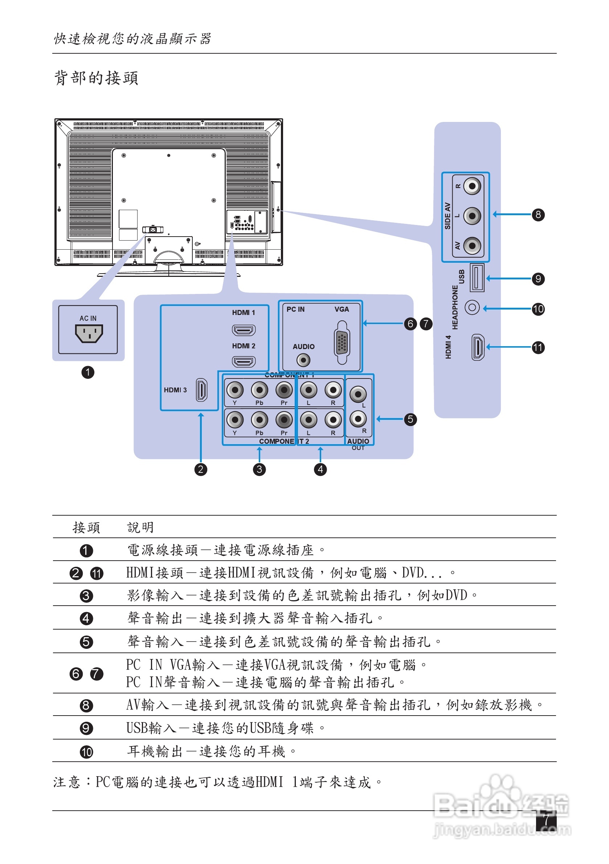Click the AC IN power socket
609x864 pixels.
click(x=89, y=333)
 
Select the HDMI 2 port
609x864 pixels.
click(x=244, y=362)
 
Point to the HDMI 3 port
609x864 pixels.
click(x=201, y=390)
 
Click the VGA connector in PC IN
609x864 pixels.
click(x=342, y=343)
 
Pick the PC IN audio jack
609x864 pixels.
click(x=303, y=360)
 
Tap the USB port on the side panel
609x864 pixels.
click(x=477, y=278)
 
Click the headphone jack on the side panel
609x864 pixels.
click(x=472, y=307)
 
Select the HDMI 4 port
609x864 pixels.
click(x=478, y=347)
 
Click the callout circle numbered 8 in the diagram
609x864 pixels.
click(x=538, y=215)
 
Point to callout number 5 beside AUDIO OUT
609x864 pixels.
click(x=410, y=419)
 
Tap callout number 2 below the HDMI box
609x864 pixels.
click(x=201, y=469)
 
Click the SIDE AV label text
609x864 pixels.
click(x=447, y=216)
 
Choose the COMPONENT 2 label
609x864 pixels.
click(x=284, y=441)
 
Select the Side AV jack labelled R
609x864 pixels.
click(x=472, y=186)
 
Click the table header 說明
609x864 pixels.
click(x=140, y=527)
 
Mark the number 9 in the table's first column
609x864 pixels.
click(x=86, y=728)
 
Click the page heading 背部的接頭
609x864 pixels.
click(x=96, y=78)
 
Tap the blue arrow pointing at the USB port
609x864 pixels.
click(x=508, y=279)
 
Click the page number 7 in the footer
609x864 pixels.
click(x=546, y=820)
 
